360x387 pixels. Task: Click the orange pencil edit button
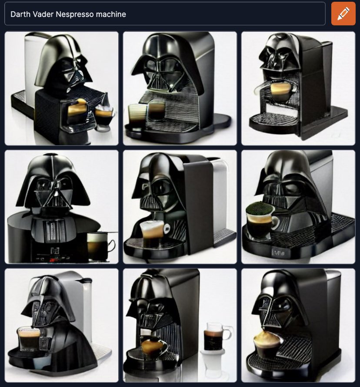point(343,13)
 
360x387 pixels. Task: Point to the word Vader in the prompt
point(43,14)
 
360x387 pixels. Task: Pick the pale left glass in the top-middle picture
point(137,114)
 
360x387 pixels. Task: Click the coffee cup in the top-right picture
point(281,91)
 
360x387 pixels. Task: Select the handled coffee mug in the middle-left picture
point(100,246)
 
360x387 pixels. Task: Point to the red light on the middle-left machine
point(53,259)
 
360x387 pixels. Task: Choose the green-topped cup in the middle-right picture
point(262,220)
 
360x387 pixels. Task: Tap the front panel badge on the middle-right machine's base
point(278,252)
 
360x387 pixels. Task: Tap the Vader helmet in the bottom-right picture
point(280,303)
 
